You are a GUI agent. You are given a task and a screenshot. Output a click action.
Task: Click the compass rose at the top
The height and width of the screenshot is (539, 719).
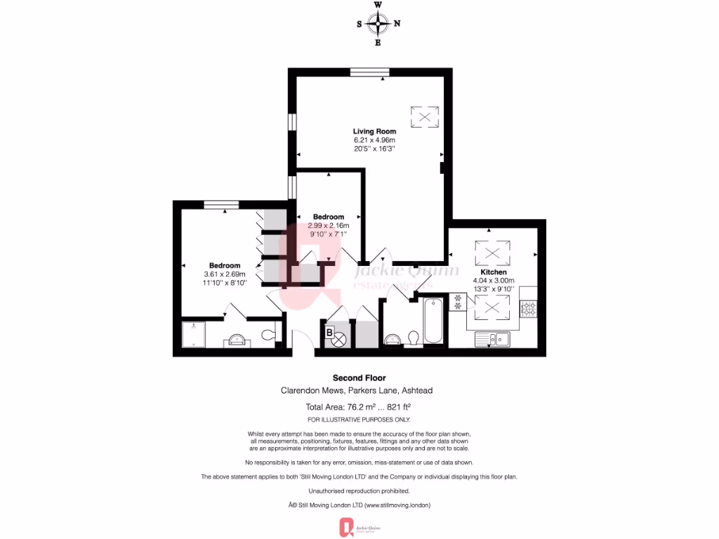pyautogui.click(x=378, y=24)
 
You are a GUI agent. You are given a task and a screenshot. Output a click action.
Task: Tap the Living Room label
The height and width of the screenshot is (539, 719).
pyautogui.click(x=374, y=131)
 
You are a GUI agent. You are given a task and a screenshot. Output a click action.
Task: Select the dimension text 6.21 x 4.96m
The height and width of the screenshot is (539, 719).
pyautogui.click(x=374, y=140)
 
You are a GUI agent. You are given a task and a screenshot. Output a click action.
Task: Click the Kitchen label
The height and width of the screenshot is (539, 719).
pyautogui.click(x=494, y=272)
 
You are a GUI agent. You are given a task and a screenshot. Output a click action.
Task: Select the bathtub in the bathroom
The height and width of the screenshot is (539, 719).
pyautogui.click(x=433, y=321)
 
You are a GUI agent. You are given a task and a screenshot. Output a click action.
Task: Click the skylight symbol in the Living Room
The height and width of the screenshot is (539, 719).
pyautogui.click(x=424, y=116)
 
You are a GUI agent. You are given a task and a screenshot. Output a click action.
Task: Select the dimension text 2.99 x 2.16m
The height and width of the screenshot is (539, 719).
pyautogui.click(x=329, y=225)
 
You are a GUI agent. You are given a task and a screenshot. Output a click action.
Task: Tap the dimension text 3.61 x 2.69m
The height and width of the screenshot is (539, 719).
pyautogui.click(x=224, y=274)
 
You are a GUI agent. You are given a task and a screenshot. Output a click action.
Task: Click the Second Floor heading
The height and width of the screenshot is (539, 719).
pyautogui.click(x=359, y=378)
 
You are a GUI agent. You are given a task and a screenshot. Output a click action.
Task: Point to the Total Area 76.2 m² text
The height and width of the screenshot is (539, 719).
pyautogui.click(x=358, y=407)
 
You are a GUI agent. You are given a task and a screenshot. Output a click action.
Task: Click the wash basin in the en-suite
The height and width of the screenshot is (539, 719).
pyautogui.click(x=235, y=341)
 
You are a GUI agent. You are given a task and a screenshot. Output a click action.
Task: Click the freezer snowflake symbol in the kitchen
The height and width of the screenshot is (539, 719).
pyautogui.click(x=458, y=301)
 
